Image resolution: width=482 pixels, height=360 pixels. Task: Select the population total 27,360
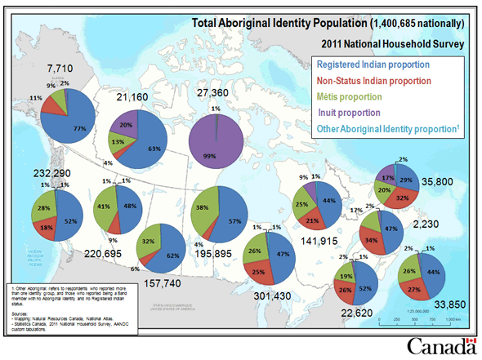(216, 93)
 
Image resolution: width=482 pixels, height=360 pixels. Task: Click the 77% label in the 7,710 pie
(80, 129)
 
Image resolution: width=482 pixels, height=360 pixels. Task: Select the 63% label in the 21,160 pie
(153, 149)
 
